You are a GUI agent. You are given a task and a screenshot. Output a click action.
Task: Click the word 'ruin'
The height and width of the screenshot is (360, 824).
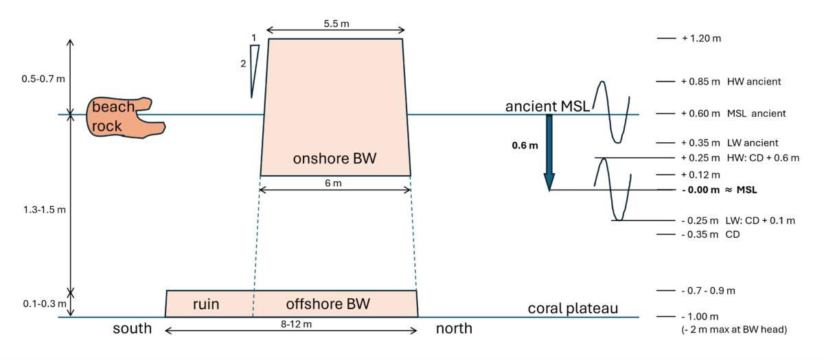pyautogui.click(x=206, y=304)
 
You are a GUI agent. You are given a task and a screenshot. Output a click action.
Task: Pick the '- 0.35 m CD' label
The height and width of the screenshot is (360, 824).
pyautogui.click(x=710, y=234)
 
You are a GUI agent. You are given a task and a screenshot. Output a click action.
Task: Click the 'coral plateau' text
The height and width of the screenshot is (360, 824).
pyautogui.click(x=573, y=308)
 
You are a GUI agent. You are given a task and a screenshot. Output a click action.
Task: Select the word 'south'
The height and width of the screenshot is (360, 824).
pyautogui.click(x=133, y=328)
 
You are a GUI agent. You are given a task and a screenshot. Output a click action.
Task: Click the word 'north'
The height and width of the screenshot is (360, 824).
pyautogui.click(x=454, y=328)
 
